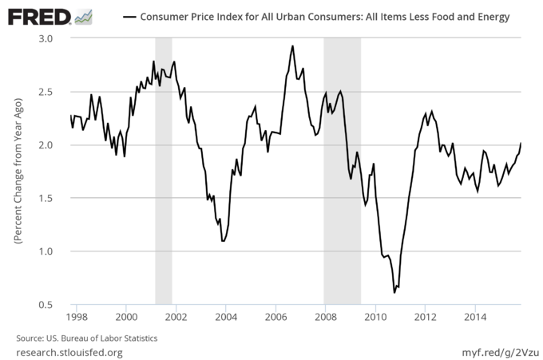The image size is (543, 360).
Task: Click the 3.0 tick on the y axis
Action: [45, 38]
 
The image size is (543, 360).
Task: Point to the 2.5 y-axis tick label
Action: [45, 92]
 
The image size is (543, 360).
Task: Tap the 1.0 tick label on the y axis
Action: [45, 251]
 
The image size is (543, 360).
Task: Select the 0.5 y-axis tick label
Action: [45, 305]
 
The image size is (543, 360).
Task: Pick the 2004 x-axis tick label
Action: [226, 318]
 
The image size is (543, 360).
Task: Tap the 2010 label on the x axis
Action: [375, 318]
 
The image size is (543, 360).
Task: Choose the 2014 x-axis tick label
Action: [475, 318]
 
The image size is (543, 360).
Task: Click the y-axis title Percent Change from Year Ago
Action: [16, 172]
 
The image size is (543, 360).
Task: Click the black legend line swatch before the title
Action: [128, 17]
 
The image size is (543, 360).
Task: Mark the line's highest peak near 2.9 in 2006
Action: [292, 46]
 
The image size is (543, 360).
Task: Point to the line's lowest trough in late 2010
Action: [394, 292]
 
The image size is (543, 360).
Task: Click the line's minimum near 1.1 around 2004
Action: [223, 240]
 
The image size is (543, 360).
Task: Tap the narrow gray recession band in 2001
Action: [163, 172]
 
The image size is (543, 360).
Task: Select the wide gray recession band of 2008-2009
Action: [342, 172]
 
